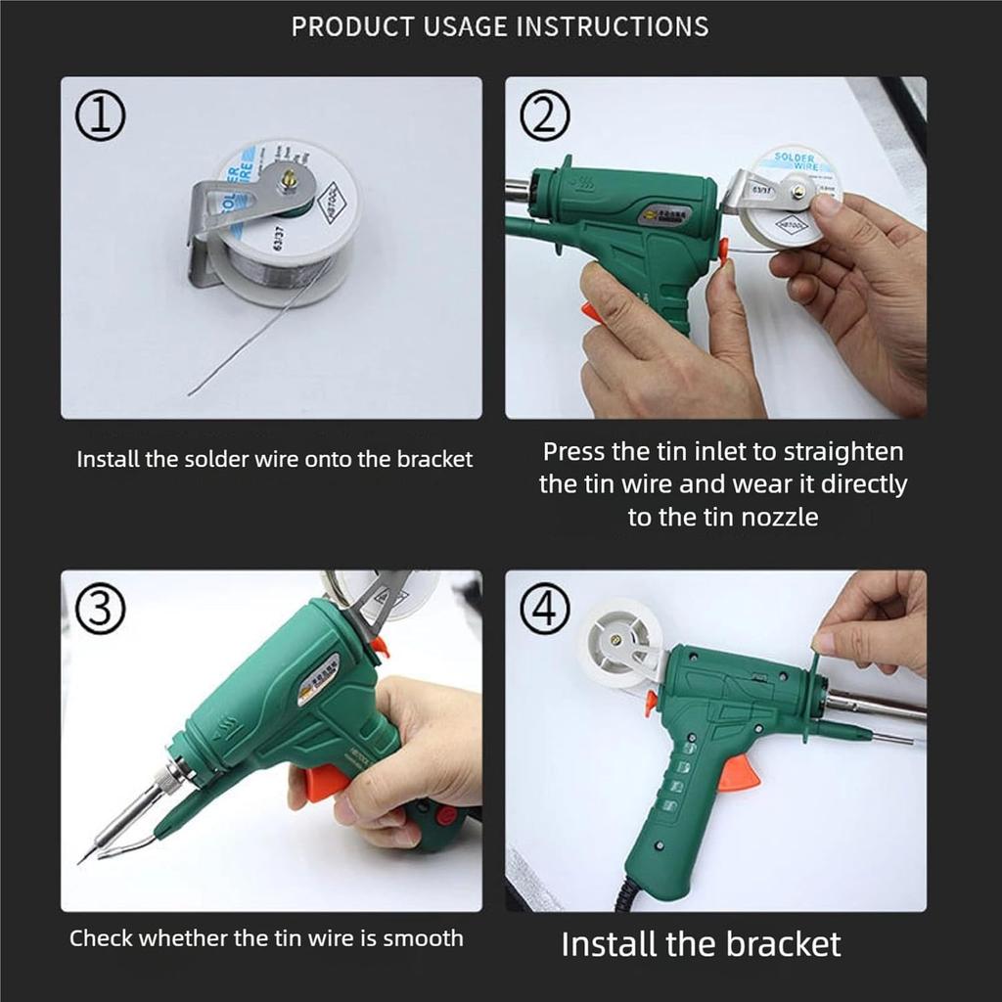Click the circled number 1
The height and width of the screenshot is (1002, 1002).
tap(101, 117)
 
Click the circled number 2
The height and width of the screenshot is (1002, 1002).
tap(544, 117)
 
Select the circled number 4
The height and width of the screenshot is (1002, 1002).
tap(544, 611)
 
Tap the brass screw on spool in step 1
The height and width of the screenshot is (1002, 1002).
tap(291, 180)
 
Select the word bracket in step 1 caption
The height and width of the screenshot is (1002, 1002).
tap(434, 459)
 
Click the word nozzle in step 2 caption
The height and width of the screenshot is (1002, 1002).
tap(773, 517)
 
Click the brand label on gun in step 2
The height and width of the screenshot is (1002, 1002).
tap(664, 214)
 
